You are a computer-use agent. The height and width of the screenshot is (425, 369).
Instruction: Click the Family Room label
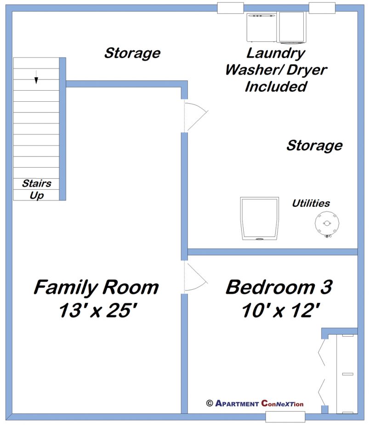96,288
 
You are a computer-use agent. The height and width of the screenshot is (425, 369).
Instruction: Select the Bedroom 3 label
279,287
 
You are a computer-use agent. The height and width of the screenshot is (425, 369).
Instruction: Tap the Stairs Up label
37,189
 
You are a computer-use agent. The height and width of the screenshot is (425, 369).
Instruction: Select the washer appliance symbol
262,27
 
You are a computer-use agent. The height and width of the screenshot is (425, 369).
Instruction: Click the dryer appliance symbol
292,27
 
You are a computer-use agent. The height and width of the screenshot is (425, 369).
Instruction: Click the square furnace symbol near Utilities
260,219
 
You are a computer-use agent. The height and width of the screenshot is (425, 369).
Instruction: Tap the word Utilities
311,203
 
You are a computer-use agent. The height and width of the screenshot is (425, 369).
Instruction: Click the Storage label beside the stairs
132,53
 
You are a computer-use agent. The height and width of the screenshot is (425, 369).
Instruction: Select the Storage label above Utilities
314,146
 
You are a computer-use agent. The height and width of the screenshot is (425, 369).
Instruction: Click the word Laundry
276,53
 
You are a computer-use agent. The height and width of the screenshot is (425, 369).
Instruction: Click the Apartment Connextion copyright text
255,403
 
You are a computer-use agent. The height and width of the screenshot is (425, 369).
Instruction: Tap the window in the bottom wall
278,417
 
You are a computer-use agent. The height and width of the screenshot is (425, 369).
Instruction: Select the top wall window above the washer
230,8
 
